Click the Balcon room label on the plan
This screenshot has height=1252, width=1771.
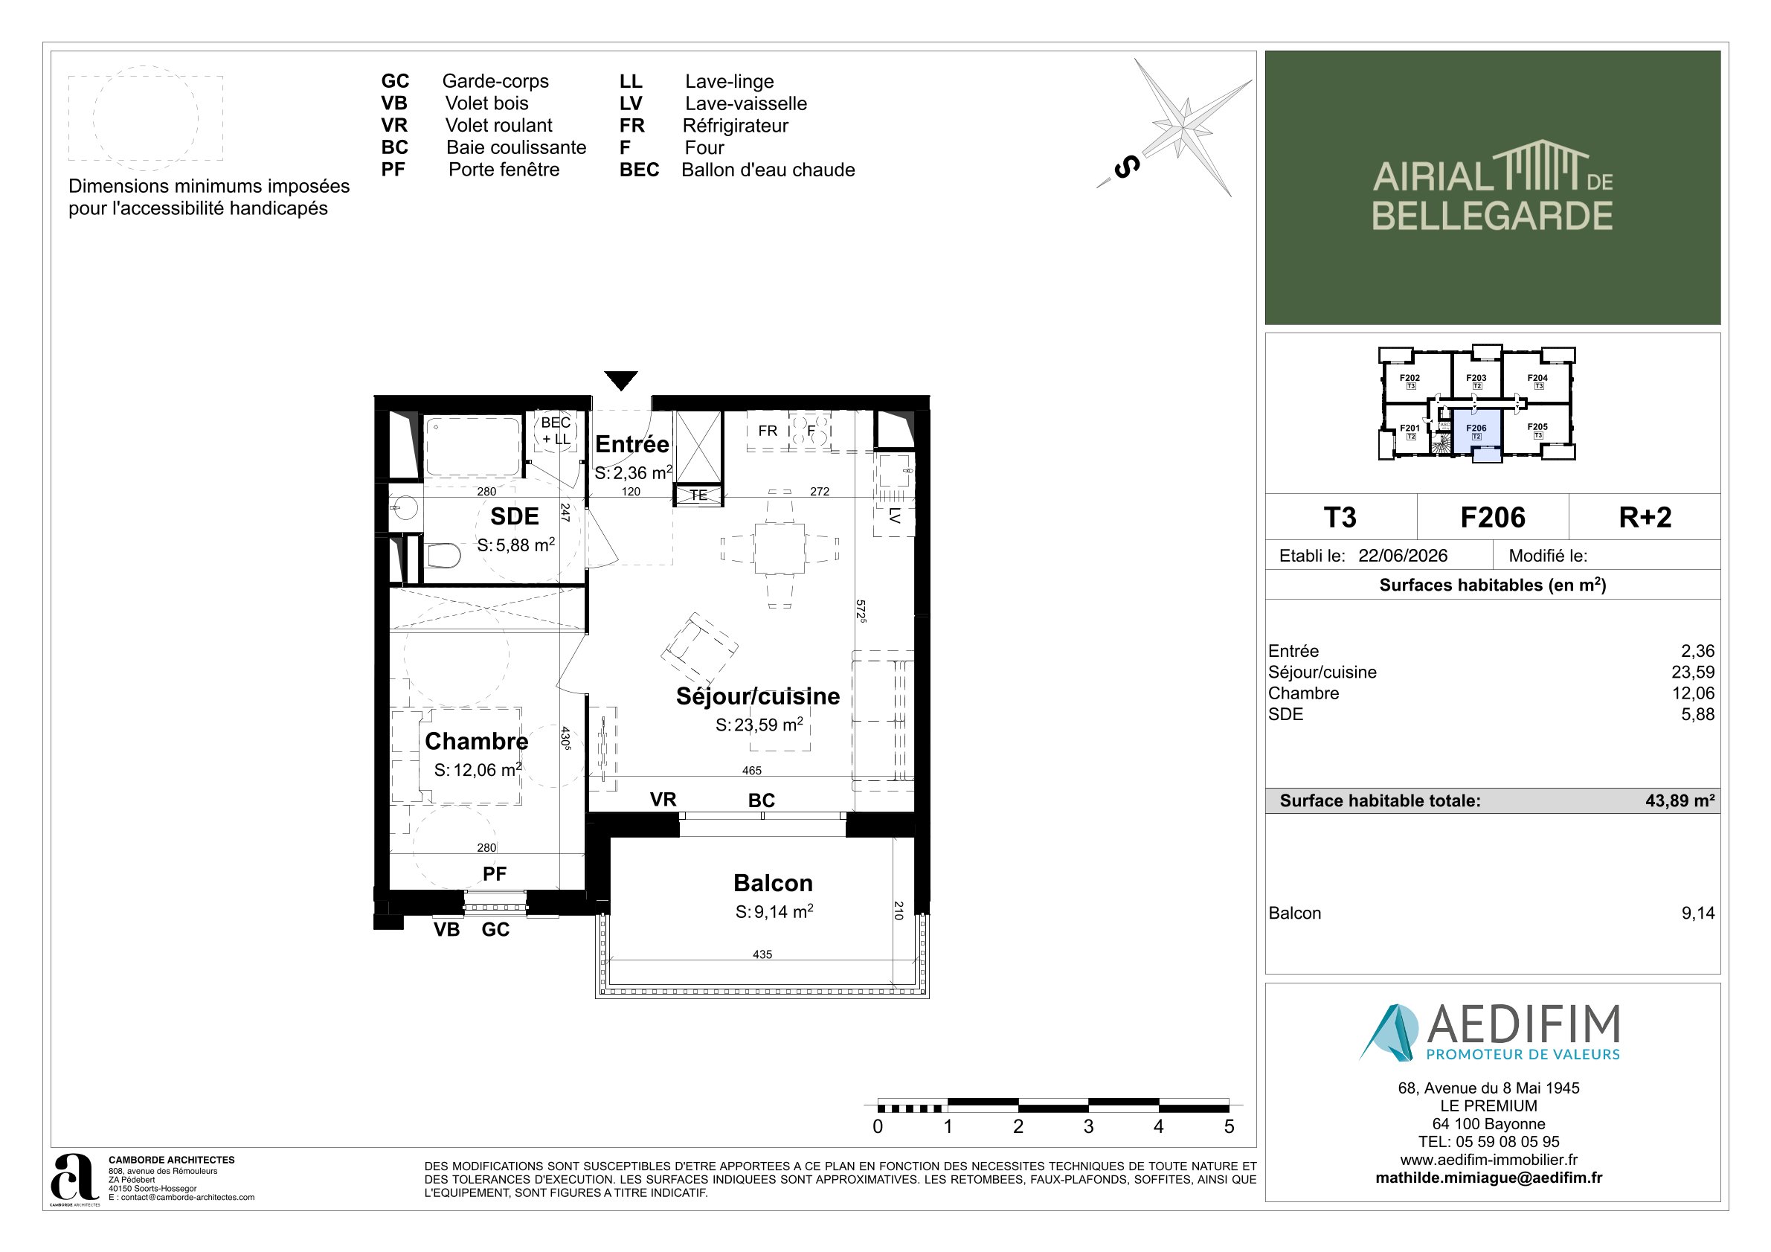tap(773, 882)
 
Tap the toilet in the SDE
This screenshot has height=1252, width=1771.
tap(443, 556)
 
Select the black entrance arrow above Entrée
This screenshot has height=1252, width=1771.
tap(621, 380)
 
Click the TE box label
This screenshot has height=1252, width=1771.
tap(699, 495)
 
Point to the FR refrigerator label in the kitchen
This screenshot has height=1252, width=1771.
tap(768, 431)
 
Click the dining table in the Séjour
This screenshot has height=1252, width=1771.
tap(779, 548)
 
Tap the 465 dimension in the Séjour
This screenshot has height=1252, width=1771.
tap(752, 770)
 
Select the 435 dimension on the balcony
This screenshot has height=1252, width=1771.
tap(762, 954)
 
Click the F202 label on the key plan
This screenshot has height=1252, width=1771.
tap(1410, 378)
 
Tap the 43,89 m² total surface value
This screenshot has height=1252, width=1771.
tap(1680, 800)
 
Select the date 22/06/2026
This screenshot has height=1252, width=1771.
tap(1403, 556)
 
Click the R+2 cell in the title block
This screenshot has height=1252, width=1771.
tap(1645, 517)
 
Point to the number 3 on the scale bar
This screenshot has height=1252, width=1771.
tap(1088, 1126)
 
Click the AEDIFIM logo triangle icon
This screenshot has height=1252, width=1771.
tap(1389, 1032)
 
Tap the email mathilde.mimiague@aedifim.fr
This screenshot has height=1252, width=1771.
tap(1488, 1178)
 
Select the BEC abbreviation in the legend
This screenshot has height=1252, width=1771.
tap(640, 170)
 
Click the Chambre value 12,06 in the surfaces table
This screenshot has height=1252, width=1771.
tap(1693, 693)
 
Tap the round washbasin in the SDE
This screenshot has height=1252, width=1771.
tap(405, 507)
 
